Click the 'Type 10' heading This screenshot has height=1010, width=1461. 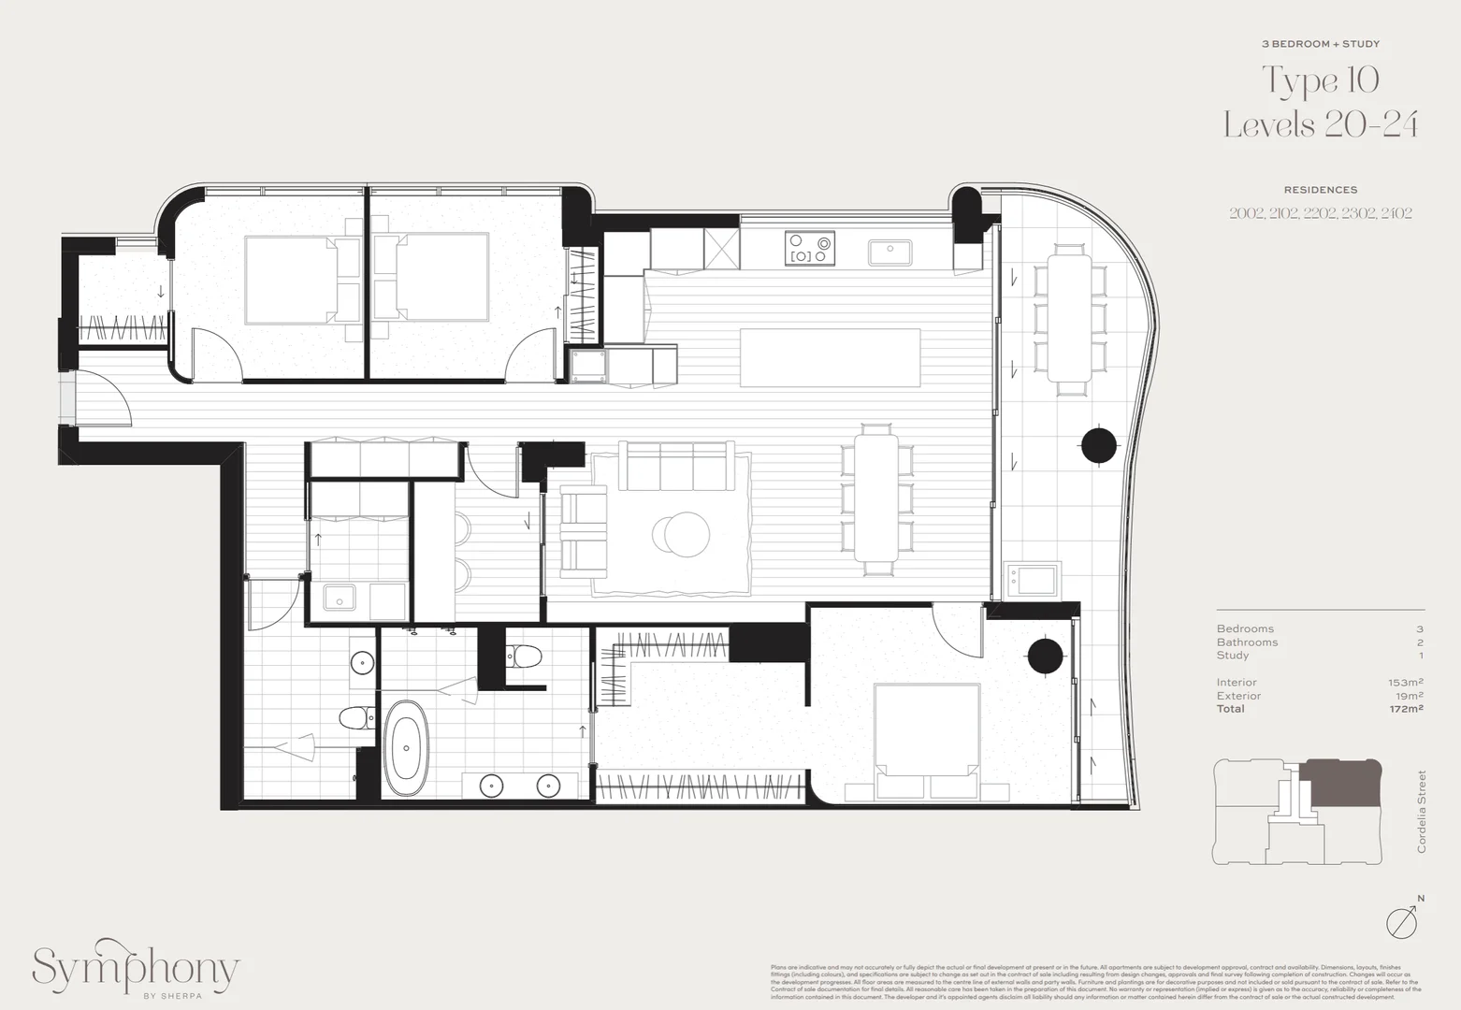pos(1321,81)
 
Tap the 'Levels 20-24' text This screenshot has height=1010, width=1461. pos(1321,125)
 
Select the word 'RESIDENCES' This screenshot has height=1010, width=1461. pos(1320,190)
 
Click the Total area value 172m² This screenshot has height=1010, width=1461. pos(1406,709)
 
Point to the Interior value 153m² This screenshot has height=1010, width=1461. pos(1406,683)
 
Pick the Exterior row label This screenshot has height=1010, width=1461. pos(1238,696)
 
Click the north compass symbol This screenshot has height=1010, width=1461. pos(1403,922)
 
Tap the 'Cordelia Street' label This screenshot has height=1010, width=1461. pos(1422,811)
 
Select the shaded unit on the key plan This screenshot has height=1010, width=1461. pos(1341,784)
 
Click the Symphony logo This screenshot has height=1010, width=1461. pos(137,971)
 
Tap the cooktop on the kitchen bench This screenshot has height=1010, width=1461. pos(810,248)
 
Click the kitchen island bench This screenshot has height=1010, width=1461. pos(830,357)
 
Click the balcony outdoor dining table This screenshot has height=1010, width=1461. pos(1069,318)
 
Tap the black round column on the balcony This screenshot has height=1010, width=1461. pos(1099,445)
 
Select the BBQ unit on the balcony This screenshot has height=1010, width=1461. pos(1033,580)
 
